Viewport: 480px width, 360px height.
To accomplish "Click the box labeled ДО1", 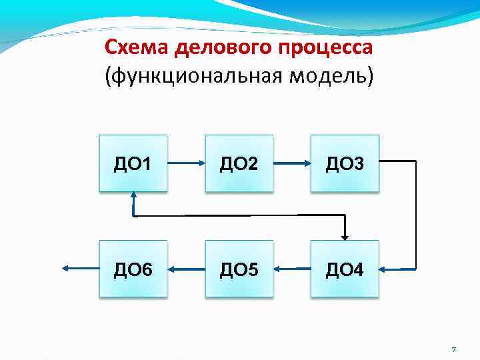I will point(133,163).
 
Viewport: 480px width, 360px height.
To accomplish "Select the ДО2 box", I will point(239,163).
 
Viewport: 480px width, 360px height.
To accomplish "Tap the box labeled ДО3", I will point(345,163).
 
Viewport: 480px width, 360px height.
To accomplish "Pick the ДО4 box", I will point(345,269).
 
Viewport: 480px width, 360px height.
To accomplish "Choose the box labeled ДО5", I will point(239,269).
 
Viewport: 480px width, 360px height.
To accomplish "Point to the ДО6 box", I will point(133,269).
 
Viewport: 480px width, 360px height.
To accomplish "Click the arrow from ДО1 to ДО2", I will point(186,162).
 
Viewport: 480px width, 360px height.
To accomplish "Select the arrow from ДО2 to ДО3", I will point(291,163).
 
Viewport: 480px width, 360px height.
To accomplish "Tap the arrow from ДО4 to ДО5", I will point(291,269).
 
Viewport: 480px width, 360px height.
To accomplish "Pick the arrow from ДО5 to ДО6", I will point(186,269).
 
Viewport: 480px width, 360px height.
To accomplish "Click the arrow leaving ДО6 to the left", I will point(80,268).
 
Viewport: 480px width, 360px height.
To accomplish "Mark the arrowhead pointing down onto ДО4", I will point(345,235).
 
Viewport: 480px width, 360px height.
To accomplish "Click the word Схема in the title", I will point(137,48).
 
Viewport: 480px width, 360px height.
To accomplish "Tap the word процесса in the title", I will point(326,48).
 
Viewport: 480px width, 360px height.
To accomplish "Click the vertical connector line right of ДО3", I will point(415,213).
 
